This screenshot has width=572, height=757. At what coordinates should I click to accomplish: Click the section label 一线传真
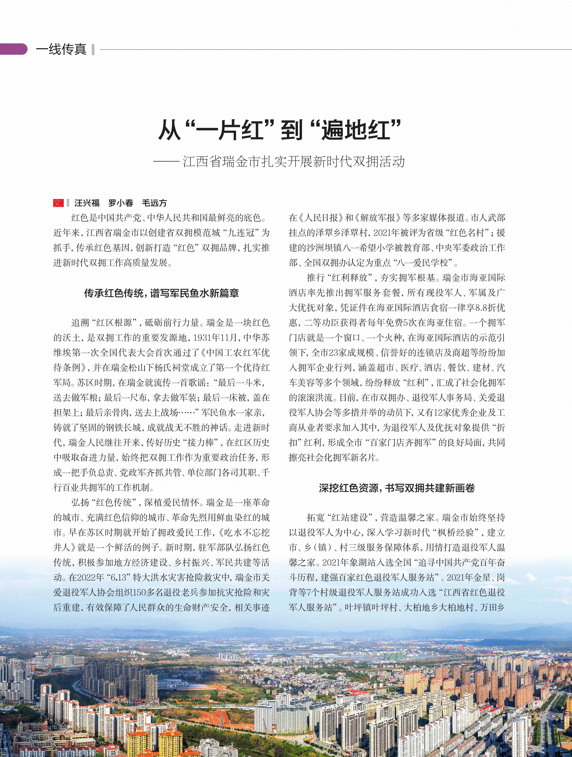pyautogui.click(x=61, y=49)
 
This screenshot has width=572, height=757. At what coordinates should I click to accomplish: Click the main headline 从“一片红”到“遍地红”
pyautogui.click(x=279, y=130)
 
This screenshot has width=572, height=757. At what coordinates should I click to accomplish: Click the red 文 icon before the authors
pyautogui.click(x=58, y=203)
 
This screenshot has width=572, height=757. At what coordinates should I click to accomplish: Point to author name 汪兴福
pyautogui.click(x=87, y=203)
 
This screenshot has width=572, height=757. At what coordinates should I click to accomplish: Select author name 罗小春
pyautogui.click(x=121, y=203)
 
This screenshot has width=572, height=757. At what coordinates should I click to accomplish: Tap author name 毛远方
pyautogui.click(x=154, y=203)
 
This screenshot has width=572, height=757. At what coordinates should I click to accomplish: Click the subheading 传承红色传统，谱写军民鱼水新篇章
pyautogui.click(x=161, y=293)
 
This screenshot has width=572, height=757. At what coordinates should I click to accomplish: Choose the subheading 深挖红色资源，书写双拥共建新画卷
pyautogui.click(x=397, y=488)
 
